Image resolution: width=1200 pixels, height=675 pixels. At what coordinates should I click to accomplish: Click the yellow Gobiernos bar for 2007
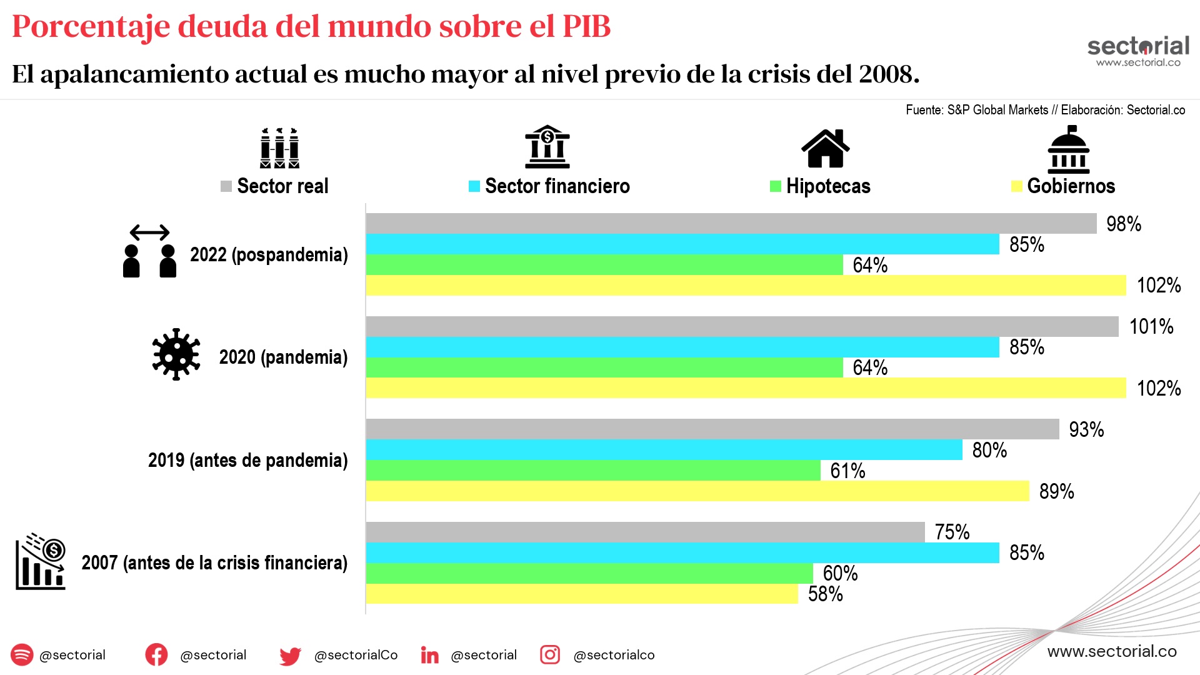click(581, 594)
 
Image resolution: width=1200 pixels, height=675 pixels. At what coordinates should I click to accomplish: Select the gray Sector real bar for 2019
click(712, 429)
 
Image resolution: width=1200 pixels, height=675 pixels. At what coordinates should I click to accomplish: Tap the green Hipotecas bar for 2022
click(604, 265)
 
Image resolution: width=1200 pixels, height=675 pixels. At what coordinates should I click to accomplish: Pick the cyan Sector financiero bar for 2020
click(682, 347)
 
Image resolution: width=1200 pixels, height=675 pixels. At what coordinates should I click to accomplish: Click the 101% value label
click(1151, 326)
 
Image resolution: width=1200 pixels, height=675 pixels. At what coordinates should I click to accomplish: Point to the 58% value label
click(825, 594)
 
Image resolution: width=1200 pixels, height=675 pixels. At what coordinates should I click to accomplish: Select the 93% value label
click(1086, 429)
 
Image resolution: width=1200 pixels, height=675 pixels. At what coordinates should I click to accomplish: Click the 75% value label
click(952, 532)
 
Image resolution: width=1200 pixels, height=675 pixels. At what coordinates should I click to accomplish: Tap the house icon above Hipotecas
click(825, 148)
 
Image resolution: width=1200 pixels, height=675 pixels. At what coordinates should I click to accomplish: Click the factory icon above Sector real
click(279, 148)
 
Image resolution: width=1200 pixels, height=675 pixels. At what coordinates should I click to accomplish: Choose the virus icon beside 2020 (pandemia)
click(176, 354)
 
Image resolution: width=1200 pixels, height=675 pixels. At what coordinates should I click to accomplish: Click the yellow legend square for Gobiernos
click(1016, 186)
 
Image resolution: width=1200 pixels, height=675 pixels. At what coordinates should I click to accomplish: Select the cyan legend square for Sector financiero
click(474, 186)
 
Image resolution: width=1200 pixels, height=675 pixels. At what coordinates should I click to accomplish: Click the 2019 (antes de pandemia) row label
click(247, 461)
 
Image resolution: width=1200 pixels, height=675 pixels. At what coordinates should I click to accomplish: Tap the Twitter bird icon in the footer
click(290, 656)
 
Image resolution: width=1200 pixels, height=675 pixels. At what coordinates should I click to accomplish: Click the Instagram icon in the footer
click(550, 654)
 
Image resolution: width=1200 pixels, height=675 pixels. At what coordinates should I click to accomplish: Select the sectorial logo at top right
click(1138, 50)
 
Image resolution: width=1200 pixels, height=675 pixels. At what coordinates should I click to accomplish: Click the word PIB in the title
click(586, 26)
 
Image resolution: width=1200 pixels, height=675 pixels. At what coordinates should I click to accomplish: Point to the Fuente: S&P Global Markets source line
click(1045, 110)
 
